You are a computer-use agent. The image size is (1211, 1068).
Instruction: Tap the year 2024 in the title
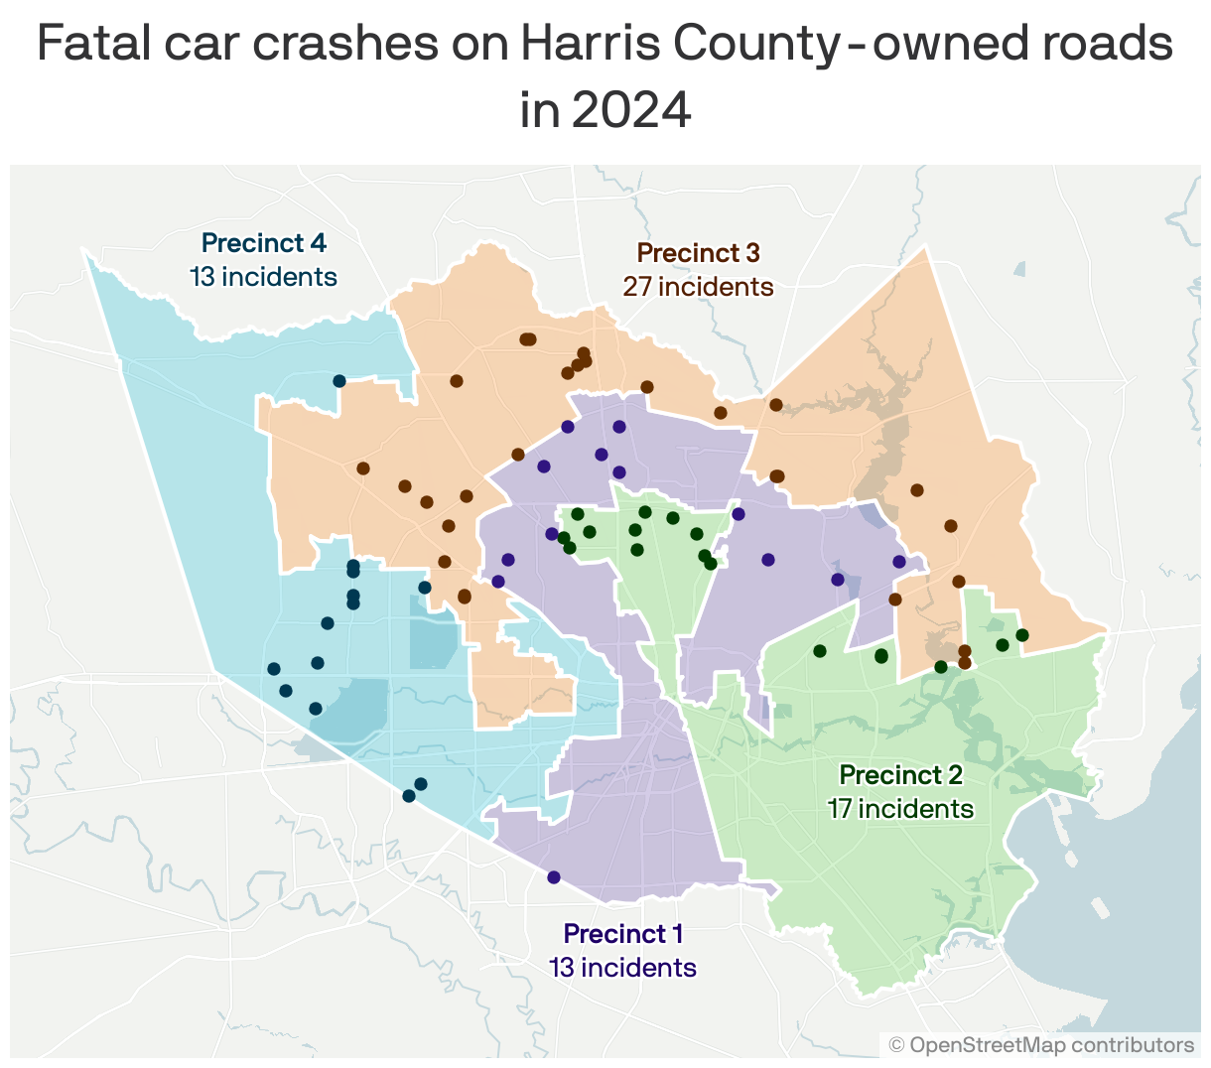point(631,110)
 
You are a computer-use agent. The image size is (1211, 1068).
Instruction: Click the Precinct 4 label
point(263,243)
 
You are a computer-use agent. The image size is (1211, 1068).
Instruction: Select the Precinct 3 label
point(698,253)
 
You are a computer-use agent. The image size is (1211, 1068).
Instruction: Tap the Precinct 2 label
point(900,775)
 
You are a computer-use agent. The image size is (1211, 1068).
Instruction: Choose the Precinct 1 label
point(622,934)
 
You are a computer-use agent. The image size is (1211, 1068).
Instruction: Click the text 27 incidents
point(698,287)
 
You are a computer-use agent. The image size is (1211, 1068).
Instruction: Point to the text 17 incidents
point(900,809)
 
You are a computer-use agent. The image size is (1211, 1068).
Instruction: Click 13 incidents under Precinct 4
point(263,277)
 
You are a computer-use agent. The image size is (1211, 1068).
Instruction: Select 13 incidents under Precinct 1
point(622,968)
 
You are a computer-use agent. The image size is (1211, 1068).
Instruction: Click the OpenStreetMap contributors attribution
point(1041,1045)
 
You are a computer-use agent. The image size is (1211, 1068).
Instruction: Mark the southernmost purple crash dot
point(554,877)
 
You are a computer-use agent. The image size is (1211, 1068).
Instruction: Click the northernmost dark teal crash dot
point(338,381)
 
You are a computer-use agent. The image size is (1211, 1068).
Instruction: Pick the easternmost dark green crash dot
point(1022,635)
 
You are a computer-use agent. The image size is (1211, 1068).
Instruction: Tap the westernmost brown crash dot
point(363,468)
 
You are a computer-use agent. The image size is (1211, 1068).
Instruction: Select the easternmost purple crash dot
point(899,562)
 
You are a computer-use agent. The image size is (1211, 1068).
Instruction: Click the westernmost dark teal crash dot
point(274,669)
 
